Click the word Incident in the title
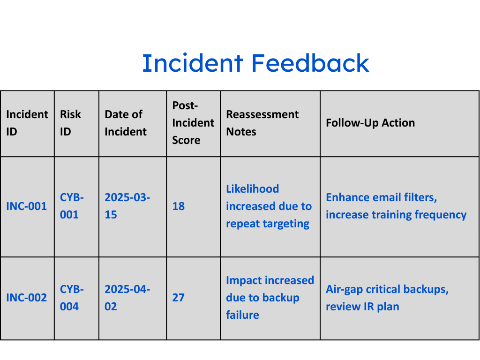(193, 63)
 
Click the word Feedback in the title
(310, 63)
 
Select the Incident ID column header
(27, 123)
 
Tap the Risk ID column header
(70, 123)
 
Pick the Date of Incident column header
(126, 123)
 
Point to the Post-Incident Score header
(193, 123)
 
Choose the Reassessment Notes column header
(262, 123)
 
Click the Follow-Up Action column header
(370, 123)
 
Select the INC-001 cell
(27, 206)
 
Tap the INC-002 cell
(27, 298)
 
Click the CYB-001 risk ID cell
(72, 206)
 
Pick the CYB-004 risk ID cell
(72, 298)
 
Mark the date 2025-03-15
(127, 206)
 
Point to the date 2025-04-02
(127, 298)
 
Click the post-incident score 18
(179, 206)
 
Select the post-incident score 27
(179, 298)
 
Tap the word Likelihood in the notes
(253, 189)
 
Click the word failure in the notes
(242, 315)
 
